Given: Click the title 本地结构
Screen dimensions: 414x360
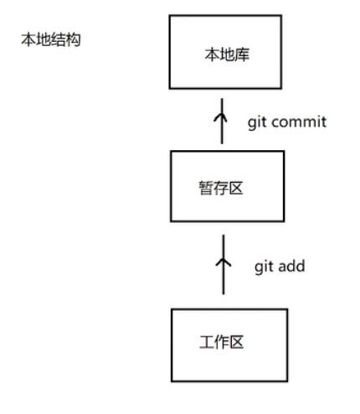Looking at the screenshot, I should click(x=50, y=39).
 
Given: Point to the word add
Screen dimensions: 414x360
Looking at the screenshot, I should click(x=291, y=267).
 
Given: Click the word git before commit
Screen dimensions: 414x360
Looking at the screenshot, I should click(x=256, y=122).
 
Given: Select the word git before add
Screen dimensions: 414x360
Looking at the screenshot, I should click(x=264, y=267).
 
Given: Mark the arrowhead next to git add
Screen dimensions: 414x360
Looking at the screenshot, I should click(x=223, y=260).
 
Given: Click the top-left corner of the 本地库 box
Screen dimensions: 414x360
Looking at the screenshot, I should click(x=170, y=16).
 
